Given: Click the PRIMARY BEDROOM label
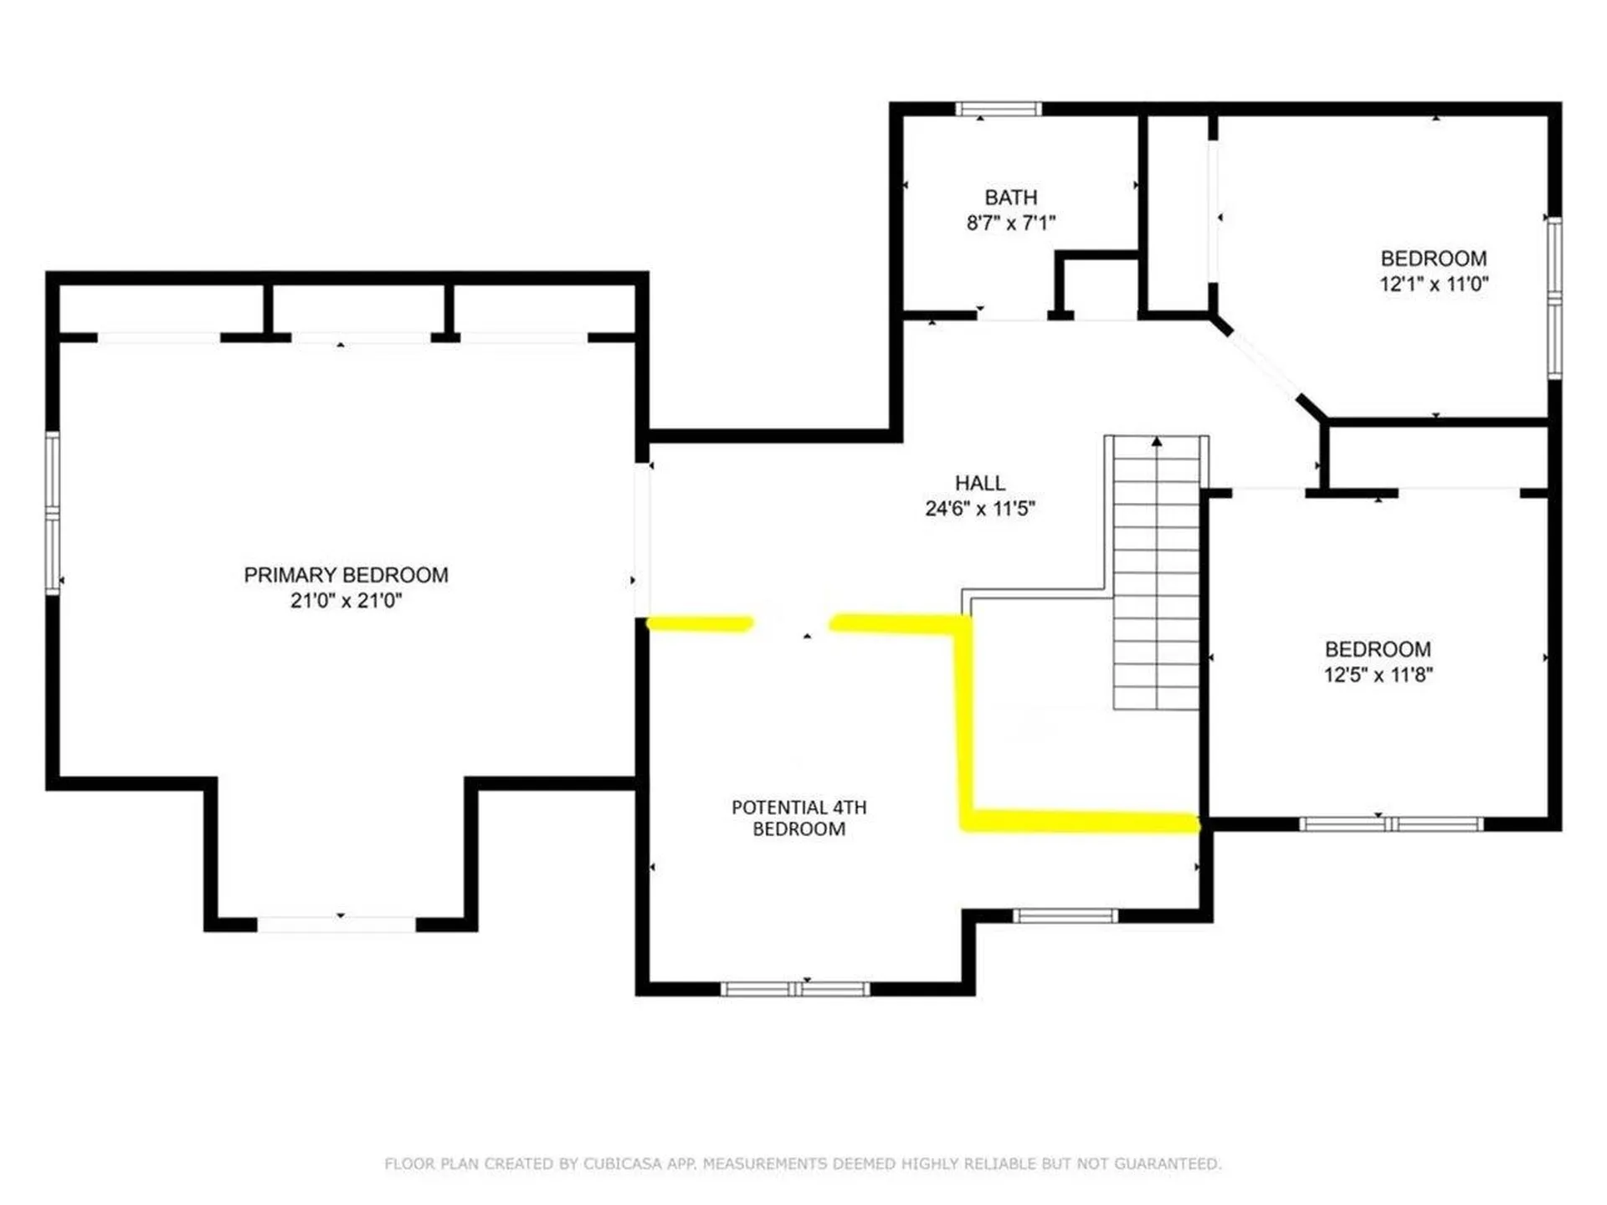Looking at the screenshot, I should (x=346, y=575).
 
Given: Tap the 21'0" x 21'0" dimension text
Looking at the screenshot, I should (x=346, y=600).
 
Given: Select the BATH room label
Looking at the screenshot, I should (x=1010, y=197).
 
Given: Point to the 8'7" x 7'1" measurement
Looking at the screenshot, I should (x=1010, y=223).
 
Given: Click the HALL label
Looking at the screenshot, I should (x=979, y=483).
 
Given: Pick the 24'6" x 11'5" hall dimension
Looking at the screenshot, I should (x=979, y=508).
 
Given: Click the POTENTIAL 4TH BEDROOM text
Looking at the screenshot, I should (x=798, y=818).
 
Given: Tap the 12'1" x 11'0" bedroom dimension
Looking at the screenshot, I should (x=1433, y=284).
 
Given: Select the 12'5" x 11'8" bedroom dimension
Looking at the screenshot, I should (x=1378, y=674).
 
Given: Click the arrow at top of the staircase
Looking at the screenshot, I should (x=1156, y=441).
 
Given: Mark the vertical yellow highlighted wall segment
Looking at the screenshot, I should (x=964, y=720).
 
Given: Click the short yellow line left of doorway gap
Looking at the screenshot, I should (x=700, y=623).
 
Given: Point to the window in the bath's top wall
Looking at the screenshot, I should (x=999, y=109).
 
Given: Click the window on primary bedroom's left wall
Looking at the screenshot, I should (x=53, y=513).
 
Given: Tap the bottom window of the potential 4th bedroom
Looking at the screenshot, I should (x=795, y=989).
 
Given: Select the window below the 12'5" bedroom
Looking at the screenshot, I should (x=1390, y=824).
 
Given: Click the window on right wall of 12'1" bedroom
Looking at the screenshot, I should (x=1554, y=297).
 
